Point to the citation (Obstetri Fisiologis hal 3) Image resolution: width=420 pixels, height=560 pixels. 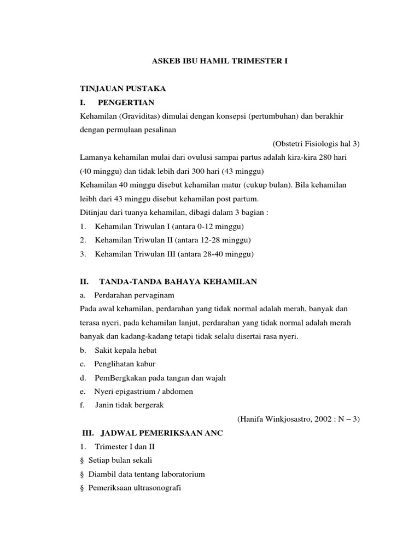316,144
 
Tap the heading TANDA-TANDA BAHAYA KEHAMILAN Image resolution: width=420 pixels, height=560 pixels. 178,282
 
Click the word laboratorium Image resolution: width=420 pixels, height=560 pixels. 181,474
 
